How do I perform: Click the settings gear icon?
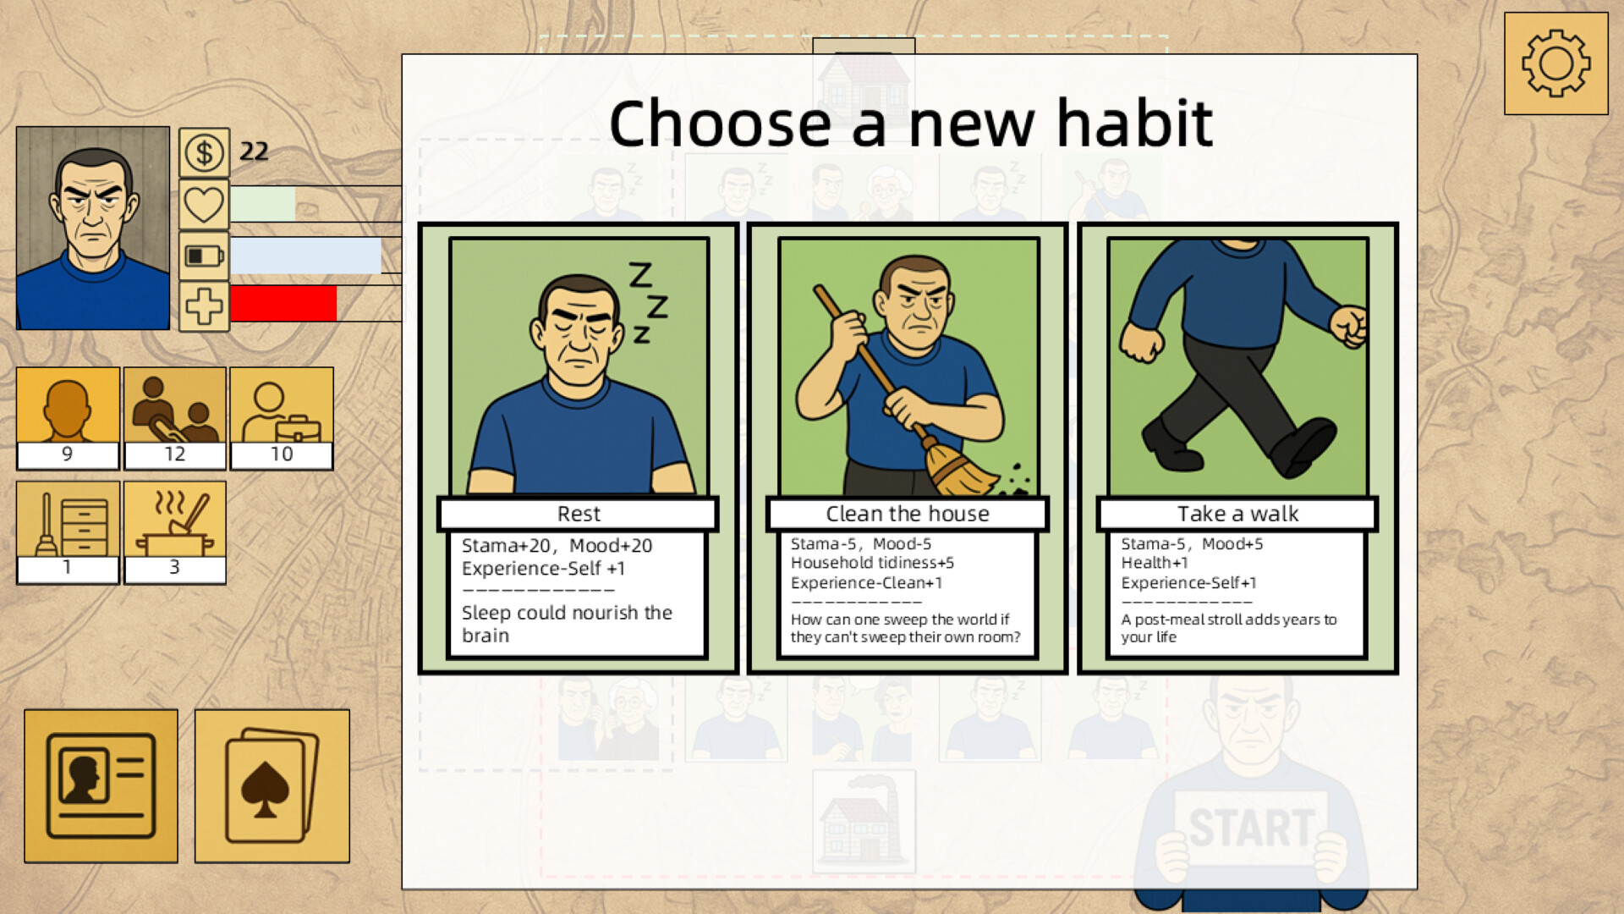click(x=1555, y=63)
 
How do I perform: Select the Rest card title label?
click(x=579, y=514)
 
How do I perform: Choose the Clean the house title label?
click(x=908, y=514)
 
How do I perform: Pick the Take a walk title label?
click(x=1237, y=514)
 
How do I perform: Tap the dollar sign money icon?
click(x=204, y=153)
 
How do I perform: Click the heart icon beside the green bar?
click(x=204, y=205)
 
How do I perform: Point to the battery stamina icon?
click(x=204, y=256)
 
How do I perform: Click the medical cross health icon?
click(x=204, y=306)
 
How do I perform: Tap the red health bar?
click(x=283, y=304)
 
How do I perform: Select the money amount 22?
click(x=254, y=151)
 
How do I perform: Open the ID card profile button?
click(x=101, y=786)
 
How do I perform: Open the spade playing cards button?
click(x=272, y=786)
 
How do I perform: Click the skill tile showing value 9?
click(x=68, y=418)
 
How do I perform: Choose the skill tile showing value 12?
click(x=175, y=418)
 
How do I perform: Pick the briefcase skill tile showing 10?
click(x=282, y=418)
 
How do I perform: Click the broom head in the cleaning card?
click(x=962, y=471)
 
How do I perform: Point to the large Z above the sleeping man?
click(x=640, y=274)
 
